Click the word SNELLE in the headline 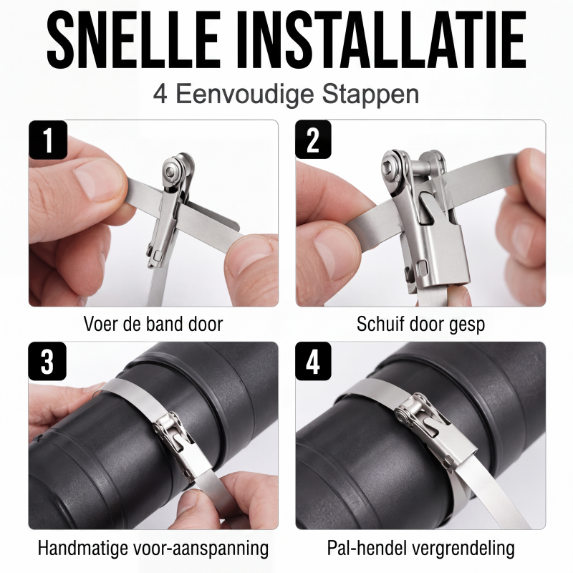pyautogui.click(x=133, y=40)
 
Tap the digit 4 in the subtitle pyautogui.click(x=160, y=95)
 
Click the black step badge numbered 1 pyautogui.click(x=48, y=140)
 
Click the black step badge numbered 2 pyautogui.click(x=314, y=140)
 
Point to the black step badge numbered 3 pyautogui.click(x=47, y=362)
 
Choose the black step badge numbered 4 pyautogui.click(x=313, y=362)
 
